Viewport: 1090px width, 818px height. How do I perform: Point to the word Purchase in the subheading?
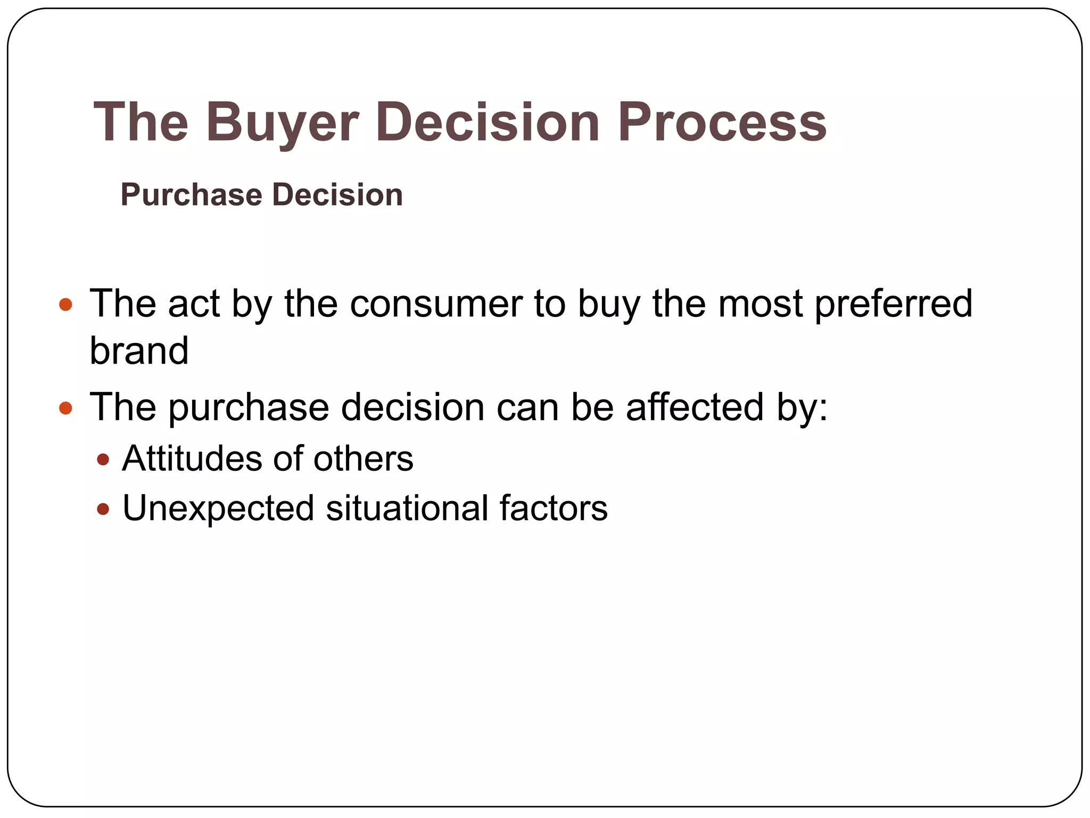tap(191, 195)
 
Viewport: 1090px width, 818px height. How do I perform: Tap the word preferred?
tap(893, 305)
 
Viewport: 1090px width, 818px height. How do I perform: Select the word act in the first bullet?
tap(194, 304)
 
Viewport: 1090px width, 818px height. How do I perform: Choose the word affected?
tap(695, 407)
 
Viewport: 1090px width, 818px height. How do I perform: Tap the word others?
tap(363, 459)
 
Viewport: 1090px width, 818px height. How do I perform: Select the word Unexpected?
tap(218, 509)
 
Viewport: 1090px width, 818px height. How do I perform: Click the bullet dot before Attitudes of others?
tap(103, 459)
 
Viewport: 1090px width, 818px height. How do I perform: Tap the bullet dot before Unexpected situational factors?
tap(103, 509)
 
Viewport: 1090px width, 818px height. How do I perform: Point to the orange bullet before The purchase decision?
tap(65, 408)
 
